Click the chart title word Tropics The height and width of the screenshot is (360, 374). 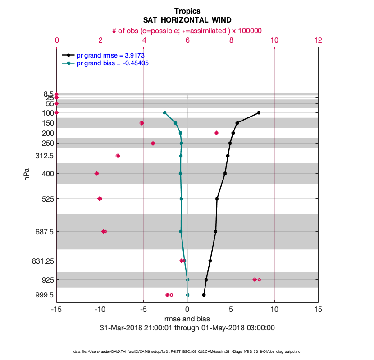187,11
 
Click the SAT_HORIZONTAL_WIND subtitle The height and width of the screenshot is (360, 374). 187,20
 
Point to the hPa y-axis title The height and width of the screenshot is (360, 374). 27,174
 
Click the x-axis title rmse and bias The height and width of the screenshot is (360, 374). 187,319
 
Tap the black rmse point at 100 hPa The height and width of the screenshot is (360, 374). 259,112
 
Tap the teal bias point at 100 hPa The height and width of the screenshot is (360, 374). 164,112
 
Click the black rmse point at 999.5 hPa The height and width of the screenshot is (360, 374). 204,295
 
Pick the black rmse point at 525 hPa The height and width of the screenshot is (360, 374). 217,198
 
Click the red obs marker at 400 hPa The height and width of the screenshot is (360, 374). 96,173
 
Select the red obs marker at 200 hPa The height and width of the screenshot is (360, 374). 216,133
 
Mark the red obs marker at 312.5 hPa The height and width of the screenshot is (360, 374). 118,156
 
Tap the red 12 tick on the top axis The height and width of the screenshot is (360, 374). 318,40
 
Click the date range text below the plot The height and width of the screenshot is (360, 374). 187,328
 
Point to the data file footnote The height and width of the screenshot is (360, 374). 187,351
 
